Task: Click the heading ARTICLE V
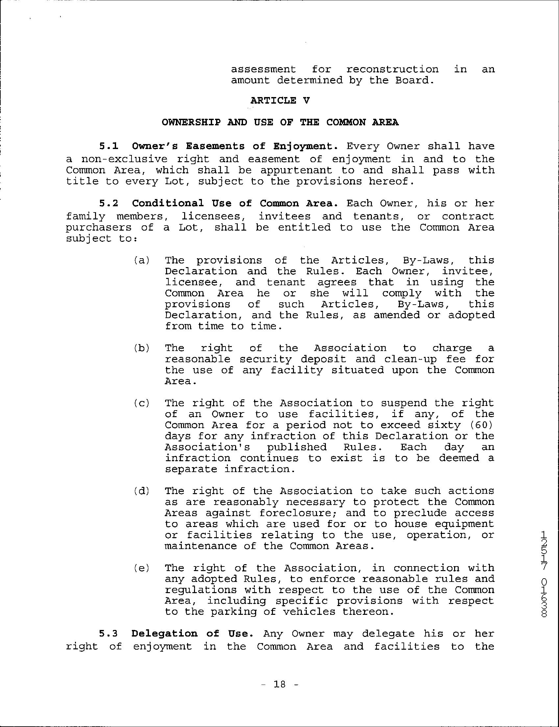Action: point(280,101)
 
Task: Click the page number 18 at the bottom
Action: point(279,684)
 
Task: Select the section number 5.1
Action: point(109,146)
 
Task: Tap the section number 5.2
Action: point(109,203)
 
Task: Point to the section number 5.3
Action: point(109,634)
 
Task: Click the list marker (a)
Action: point(142,260)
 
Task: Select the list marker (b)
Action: point(142,348)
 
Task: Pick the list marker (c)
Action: point(142,403)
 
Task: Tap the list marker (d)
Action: point(142,491)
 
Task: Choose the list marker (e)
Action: point(142,568)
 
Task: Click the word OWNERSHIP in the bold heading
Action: point(191,122)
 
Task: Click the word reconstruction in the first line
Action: point(392,69)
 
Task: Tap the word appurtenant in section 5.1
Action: point(296,170)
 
